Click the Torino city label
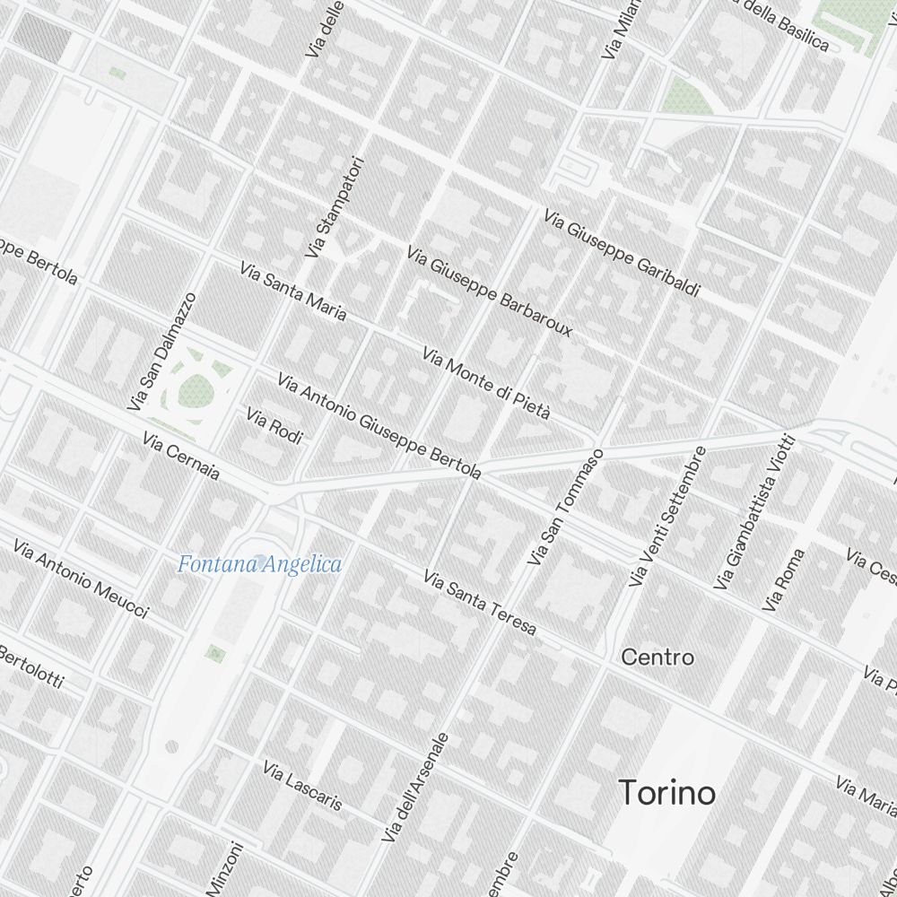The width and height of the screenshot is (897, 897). coord(667,793)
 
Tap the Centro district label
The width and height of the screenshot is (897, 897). coord(658,658)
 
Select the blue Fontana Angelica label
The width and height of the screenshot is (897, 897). coord(259,564)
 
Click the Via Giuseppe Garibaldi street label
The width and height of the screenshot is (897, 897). coord(622,254)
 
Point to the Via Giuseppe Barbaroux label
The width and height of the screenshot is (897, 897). coord(489,292)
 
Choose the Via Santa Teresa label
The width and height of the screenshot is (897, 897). coord(481,603)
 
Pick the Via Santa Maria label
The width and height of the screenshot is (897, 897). coord(292,291)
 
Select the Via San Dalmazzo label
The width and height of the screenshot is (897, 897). coord(161,352)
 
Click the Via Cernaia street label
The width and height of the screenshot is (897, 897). coord(181,456)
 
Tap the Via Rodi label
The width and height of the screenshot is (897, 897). coord(274,425)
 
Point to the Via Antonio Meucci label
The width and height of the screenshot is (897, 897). coord(81,579)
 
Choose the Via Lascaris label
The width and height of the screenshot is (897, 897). coord(302,786)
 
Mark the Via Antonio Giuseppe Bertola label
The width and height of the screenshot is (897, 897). coord(379,425)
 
